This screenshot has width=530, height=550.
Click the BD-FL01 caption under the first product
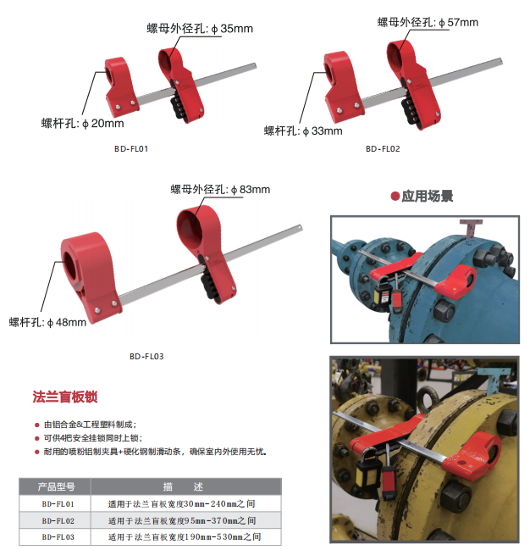point(131,148)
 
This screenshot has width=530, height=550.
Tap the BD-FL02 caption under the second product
point(383,148)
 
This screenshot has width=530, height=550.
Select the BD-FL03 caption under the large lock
point(146,357)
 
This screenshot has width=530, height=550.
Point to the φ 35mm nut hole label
point(200,29)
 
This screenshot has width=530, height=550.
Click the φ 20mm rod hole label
point(83,124)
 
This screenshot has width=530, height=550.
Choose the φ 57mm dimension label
point(428,22)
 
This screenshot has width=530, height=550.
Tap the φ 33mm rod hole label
point(303,131)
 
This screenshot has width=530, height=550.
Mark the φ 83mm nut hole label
point(220,190)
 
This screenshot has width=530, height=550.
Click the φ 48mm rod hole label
point(47,322)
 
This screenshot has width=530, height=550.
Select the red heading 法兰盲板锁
point(65,397)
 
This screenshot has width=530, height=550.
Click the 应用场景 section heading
point(428,196)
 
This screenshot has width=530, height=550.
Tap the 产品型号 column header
point(55,486)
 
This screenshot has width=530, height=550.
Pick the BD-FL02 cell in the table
point(58,521)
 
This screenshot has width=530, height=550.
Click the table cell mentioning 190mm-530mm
point(185,537)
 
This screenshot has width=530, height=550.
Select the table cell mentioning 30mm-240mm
point(181,504)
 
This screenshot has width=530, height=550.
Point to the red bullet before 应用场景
point(395,196)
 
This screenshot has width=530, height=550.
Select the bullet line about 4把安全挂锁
point(93,438)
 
